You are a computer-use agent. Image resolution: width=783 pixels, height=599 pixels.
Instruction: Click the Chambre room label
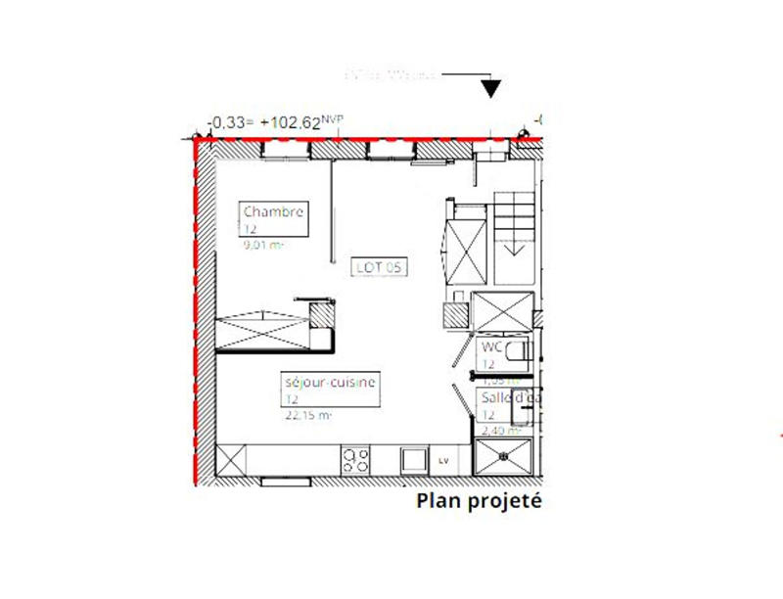tap(274, 211)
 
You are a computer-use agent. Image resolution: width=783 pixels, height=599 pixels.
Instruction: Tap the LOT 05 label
tap(381, 266)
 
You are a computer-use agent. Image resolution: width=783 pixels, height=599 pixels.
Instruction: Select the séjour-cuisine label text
tap(329, 384)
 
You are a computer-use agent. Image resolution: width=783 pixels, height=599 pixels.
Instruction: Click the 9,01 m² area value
tap(263, 246)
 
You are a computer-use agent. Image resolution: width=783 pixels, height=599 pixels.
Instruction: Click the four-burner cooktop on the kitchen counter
tap(354, 458)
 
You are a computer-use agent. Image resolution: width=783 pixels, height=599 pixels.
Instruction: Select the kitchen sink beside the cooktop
tap(414, 458)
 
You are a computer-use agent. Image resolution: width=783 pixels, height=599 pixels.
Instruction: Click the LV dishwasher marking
tap(443, 460)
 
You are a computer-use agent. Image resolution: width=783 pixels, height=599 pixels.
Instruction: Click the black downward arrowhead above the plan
tap(491, 89)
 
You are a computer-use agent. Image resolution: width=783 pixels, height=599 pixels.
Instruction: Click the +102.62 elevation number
tap(299, 123)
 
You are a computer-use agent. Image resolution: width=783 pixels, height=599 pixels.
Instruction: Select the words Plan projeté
tap(479, 502)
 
